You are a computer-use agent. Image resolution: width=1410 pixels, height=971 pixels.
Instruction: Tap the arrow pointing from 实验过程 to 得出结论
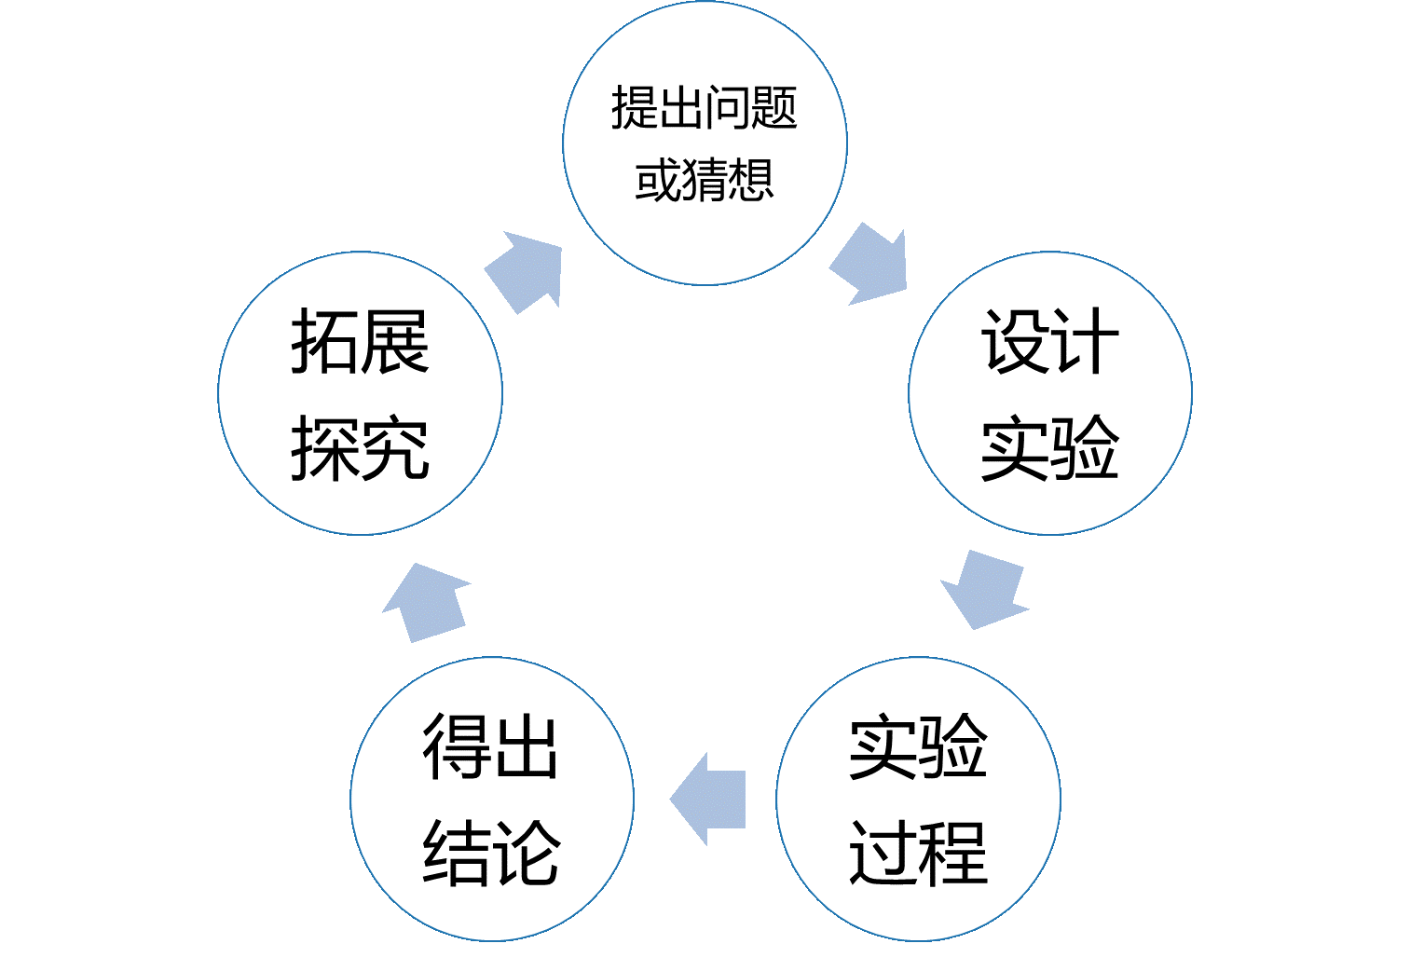(710, 799)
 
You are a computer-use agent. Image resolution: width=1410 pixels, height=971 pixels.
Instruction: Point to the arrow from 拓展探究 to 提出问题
(526, 272)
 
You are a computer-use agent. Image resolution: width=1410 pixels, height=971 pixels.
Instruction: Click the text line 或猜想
(705, 180)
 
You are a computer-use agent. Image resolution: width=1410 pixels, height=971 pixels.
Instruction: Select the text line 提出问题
(705, 108)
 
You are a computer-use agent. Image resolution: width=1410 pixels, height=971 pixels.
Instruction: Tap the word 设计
(1049, 342)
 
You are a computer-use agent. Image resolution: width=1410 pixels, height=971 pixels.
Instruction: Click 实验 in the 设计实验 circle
(1049, 449)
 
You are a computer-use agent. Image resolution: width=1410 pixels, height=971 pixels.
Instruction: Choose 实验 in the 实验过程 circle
(918, 746)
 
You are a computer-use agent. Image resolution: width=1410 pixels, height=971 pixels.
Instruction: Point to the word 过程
(918, 854)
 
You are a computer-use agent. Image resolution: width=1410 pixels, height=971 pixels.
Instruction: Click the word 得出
(491, 746)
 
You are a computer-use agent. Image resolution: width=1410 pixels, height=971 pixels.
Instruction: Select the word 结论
(491, 854)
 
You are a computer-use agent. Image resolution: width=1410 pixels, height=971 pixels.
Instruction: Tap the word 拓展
(360, 342)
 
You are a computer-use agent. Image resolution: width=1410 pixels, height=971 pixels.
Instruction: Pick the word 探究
(360, 449)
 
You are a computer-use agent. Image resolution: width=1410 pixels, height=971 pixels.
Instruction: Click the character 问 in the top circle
(728, 108)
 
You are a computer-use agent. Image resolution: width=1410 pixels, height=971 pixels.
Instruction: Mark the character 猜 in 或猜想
(705, 180)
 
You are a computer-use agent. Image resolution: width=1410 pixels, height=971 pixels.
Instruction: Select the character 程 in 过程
(953, 854)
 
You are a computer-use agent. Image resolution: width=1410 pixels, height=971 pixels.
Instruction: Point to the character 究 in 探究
(395, 449)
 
